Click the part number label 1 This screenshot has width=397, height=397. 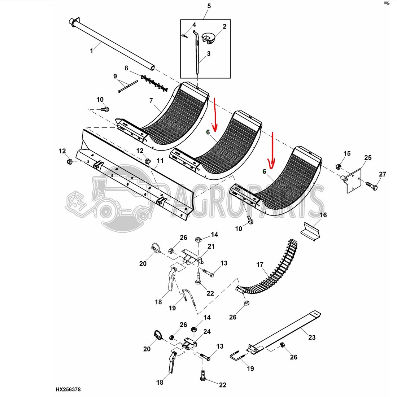(91, 51)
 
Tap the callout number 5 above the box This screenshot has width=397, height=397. (209, 6)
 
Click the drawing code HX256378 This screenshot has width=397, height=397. (68, 389)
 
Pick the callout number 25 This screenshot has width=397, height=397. (367, 158)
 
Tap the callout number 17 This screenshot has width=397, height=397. (260, 265)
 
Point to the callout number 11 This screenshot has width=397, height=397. (160, 161)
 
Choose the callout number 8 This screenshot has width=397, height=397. (126, 68)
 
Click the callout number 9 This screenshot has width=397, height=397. (115, 76)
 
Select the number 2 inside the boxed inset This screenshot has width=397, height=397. (224, 26)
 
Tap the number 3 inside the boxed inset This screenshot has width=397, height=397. (209, 54)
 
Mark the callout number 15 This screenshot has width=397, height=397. (347, 153)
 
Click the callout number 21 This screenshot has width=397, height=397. (211, 247)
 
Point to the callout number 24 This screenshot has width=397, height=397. (207, 331)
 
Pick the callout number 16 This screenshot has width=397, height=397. (323, 215)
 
